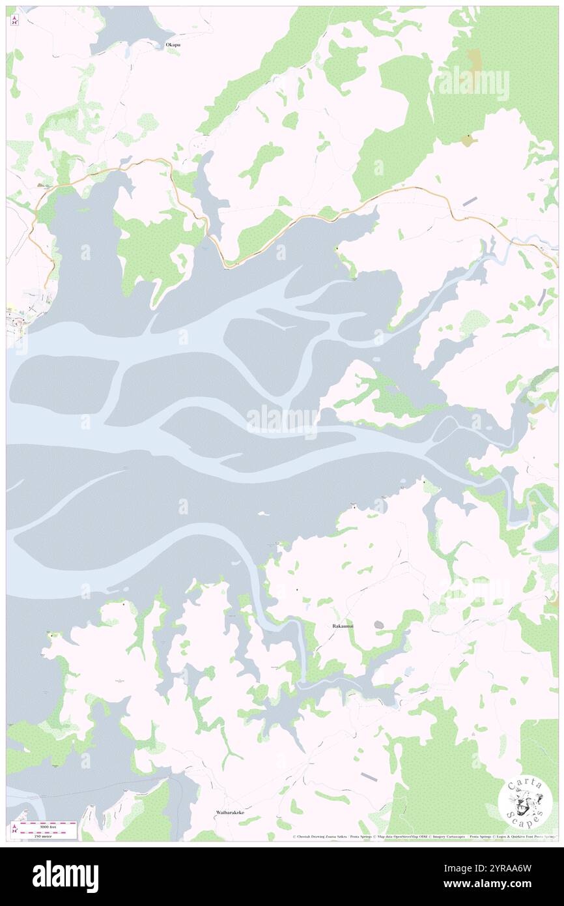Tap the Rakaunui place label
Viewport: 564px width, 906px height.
click(343, 626)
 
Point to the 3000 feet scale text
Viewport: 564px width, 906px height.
click(48, 824)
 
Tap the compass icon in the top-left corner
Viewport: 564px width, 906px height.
click(15, 20)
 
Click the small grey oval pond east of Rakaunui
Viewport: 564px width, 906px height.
click(378, 624)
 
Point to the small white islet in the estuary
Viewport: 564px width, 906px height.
click(264, 514)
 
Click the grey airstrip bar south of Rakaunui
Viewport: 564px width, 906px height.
click(369, 776)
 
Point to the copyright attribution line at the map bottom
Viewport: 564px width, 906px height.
click(423, 837)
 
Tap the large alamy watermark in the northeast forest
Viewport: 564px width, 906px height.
click(473, 83)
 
